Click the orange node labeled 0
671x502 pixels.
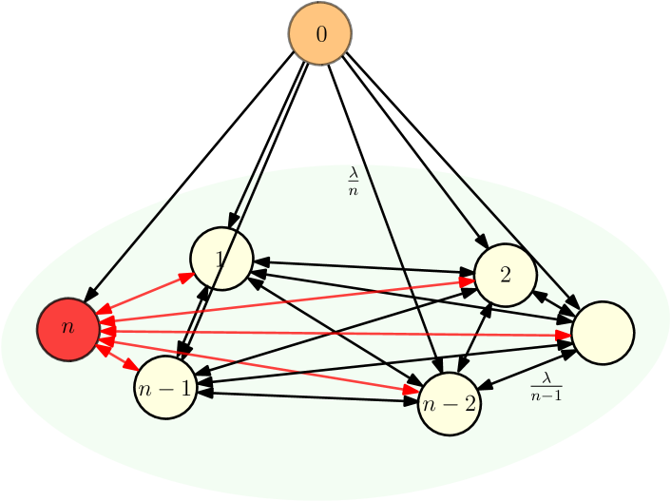click(x=320, y=34)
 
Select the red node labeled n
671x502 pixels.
click(x=68, y=328)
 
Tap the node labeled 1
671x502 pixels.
click(x=221, y=259)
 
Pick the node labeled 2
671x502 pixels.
click(x=506, y=275)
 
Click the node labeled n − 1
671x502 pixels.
click(x=165, y=388)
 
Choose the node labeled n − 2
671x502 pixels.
click(x=450, y=403)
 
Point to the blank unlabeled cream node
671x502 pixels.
click(x=603, y=333)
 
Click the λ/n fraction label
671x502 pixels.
click(x=354, y=181)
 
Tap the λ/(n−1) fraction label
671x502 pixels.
click(x=546, y=387)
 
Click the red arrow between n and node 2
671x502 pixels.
click(x=285, y=301)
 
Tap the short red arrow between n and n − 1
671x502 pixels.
click(x=118, y=358)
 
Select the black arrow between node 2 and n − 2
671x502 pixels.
click(x=475, y=338)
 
